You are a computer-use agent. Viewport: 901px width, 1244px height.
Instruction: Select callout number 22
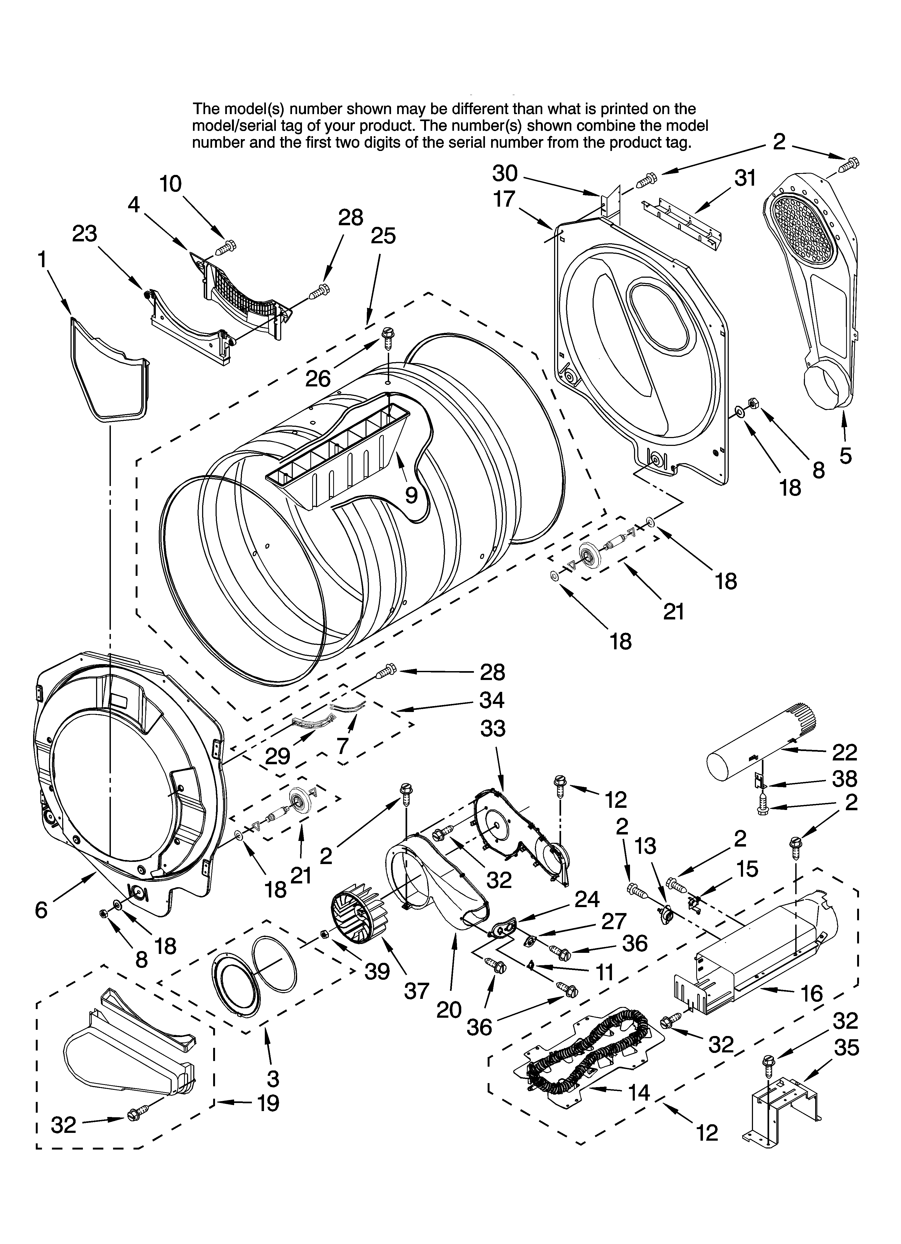(844, 753)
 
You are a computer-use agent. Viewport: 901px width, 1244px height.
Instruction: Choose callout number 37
(416, 991)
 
